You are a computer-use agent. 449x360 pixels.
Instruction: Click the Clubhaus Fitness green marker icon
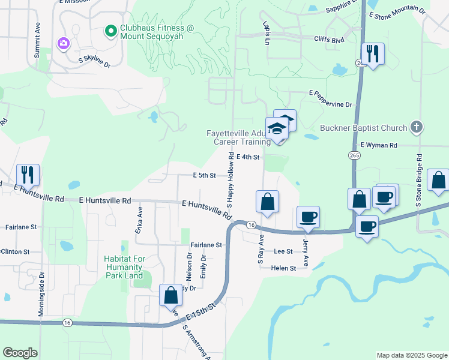pyautogui.click(x=110, y=30)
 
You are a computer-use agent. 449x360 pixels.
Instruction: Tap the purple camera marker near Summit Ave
pyautogui.click(x=63, y=43)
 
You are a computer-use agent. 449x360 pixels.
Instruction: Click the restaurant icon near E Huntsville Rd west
pyautogui.click(x=28, y=175)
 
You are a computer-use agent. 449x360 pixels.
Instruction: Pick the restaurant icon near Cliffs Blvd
pyautogui.click(x=373, y=54)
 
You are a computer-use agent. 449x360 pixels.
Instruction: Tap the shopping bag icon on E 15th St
pyautogui.click(x=170, y=295)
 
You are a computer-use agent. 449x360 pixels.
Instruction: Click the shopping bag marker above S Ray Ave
pyautogui.click(x=267, y=202)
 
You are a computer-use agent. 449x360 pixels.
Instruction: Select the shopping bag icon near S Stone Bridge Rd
pyautogui.click(x=439, y=181)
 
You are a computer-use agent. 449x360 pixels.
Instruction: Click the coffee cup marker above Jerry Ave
pyautogui.click(x=308, y=217)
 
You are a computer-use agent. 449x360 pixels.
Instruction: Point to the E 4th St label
pyautogui.click(x=247, y=157)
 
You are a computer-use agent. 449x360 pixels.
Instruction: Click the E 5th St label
pyautogui.click(x=204, y=176)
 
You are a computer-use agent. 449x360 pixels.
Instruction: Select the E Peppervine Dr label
pyautogui.click(x=330, y=104)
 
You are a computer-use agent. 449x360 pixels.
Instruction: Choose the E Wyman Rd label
pyautogui.click(x=379, y=145)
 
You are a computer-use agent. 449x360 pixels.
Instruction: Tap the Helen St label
pyautogui.click(x=284, y=268)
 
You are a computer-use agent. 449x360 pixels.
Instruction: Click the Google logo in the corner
pyautogui.click(x=20, y=353)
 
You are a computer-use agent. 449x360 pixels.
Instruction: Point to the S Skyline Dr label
pyautogui.click(x=95, y=62)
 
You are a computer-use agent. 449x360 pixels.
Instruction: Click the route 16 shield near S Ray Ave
pyautogui.click(x=251, y=224)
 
